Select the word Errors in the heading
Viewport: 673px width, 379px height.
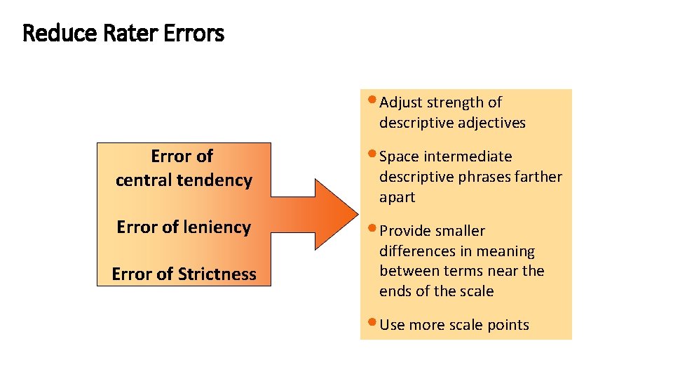(x=194, y=33)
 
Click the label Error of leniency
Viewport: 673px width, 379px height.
(x=184, y=227)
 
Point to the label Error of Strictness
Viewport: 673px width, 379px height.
(x=184, y=274)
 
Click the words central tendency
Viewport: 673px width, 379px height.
(x=184, y=180)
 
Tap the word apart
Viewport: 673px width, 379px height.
(x=397, y=197)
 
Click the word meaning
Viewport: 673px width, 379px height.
(x=508, y=251)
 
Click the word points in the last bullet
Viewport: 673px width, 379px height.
(x=508, y=325)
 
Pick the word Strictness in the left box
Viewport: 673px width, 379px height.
(x=217, y=274)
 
